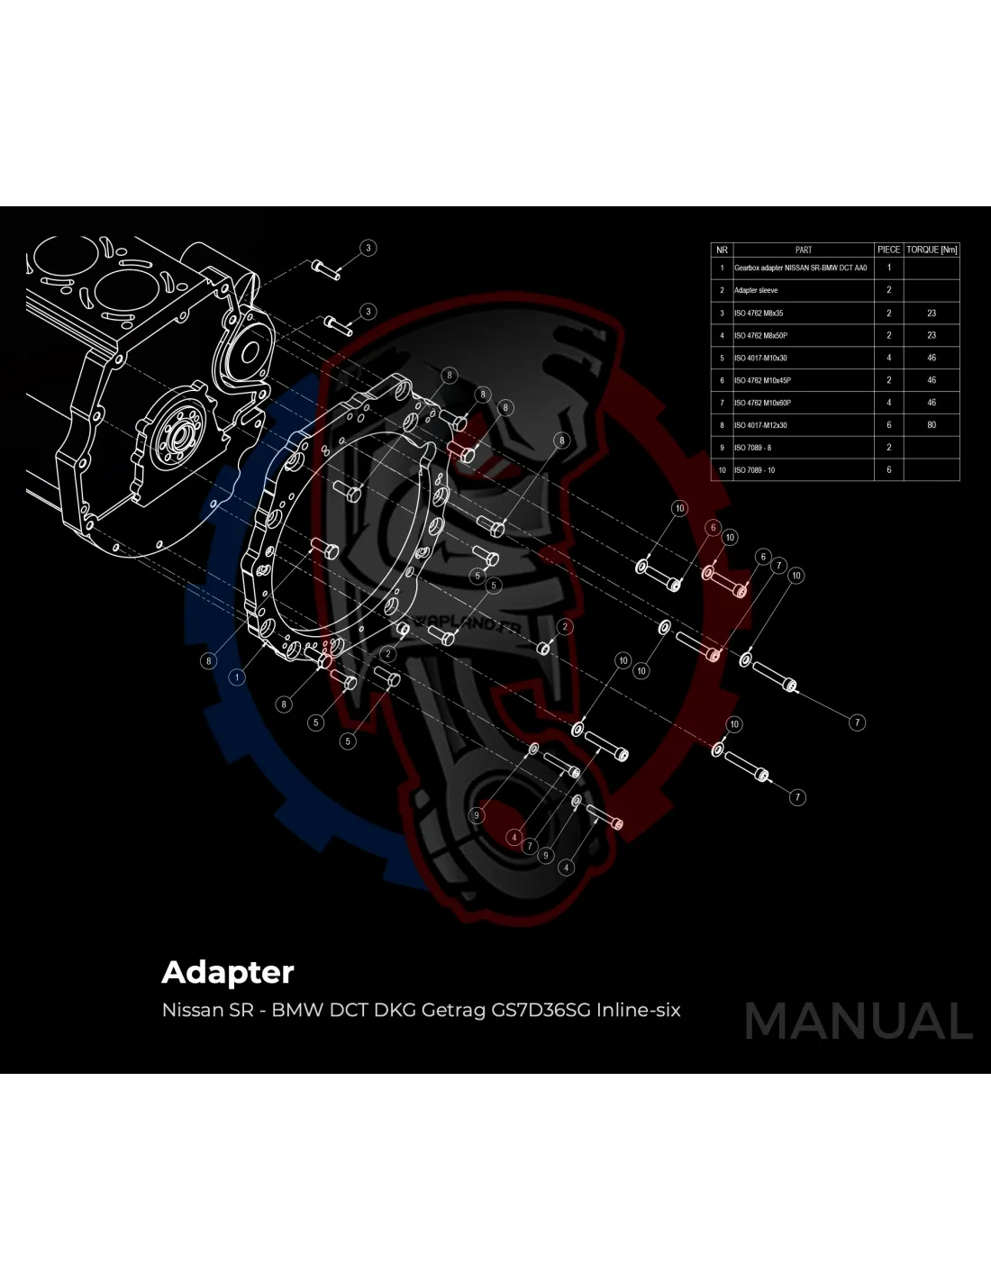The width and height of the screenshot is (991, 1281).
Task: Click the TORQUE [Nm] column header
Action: click(932, 250)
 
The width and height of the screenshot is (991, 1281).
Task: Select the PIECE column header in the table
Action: click(888, 250)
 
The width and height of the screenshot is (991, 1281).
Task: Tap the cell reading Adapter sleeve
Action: click(756, 290)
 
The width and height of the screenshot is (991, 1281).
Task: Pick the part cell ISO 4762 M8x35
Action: click(759, 313)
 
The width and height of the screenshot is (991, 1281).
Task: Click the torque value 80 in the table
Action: click(932, 424)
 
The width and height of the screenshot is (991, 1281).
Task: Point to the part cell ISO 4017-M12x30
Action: click(760, 424)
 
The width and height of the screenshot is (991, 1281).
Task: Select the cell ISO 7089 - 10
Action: click(754, 469)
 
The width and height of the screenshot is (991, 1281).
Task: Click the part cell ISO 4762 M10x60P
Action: click(762, 402)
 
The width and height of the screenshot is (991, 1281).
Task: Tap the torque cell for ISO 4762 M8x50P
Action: click(932, 335)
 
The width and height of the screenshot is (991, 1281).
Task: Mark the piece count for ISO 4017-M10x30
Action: click(888, 358)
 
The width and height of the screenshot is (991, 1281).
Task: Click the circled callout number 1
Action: click(237, 676)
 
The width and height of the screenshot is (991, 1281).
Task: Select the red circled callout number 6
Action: click(713, 527)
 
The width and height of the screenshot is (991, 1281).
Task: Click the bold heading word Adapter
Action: click(227, 972)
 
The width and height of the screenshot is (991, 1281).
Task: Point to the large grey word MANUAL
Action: click(858, 1021)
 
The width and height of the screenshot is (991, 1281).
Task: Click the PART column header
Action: click(804, 250)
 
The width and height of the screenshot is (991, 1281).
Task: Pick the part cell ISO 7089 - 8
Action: click(752, 447)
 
